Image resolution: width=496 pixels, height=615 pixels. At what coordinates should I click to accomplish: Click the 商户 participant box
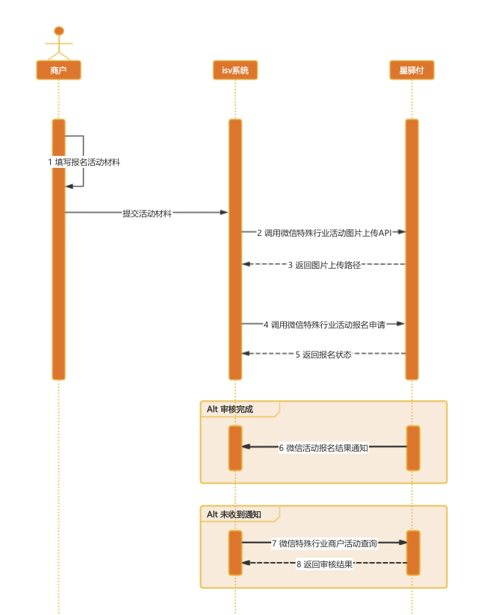(x=58, y=70)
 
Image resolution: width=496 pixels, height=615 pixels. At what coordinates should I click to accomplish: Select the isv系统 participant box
(x=235, y=70)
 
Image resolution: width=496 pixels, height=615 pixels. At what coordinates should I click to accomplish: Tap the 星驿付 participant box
(x=412, y=70)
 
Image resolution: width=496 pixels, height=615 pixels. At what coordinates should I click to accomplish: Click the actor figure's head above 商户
(x=58, y=31)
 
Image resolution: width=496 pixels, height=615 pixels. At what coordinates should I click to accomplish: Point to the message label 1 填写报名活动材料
(x=84, y=162)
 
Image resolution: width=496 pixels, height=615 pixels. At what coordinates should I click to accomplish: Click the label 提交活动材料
(x=147, y=213)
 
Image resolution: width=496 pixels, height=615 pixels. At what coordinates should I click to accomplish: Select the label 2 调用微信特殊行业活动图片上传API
(x=324, y=233)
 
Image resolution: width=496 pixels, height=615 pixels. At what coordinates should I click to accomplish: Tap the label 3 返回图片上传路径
(x=324, y=264)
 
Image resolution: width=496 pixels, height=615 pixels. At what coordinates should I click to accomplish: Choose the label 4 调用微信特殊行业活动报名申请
(x=324, y=325)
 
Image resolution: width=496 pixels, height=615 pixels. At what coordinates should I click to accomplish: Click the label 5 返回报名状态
(x=323, y=355)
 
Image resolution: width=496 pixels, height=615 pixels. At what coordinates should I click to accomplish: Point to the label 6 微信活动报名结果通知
(x=323, y=448)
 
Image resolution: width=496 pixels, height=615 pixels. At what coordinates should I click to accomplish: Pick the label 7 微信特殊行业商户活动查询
(x=324, y=543)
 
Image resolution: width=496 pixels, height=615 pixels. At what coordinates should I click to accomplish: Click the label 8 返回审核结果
(x=324, y=564)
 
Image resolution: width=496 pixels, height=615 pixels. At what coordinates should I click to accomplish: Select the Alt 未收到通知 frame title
(x=235, y=514)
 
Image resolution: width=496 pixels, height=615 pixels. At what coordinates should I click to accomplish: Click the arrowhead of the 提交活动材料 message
(x=224, y=213)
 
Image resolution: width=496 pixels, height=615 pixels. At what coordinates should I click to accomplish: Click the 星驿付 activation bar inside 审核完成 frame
(x=413, y=448)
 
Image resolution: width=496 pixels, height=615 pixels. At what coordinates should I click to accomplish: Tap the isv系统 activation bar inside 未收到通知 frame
(x=235, y=552)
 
